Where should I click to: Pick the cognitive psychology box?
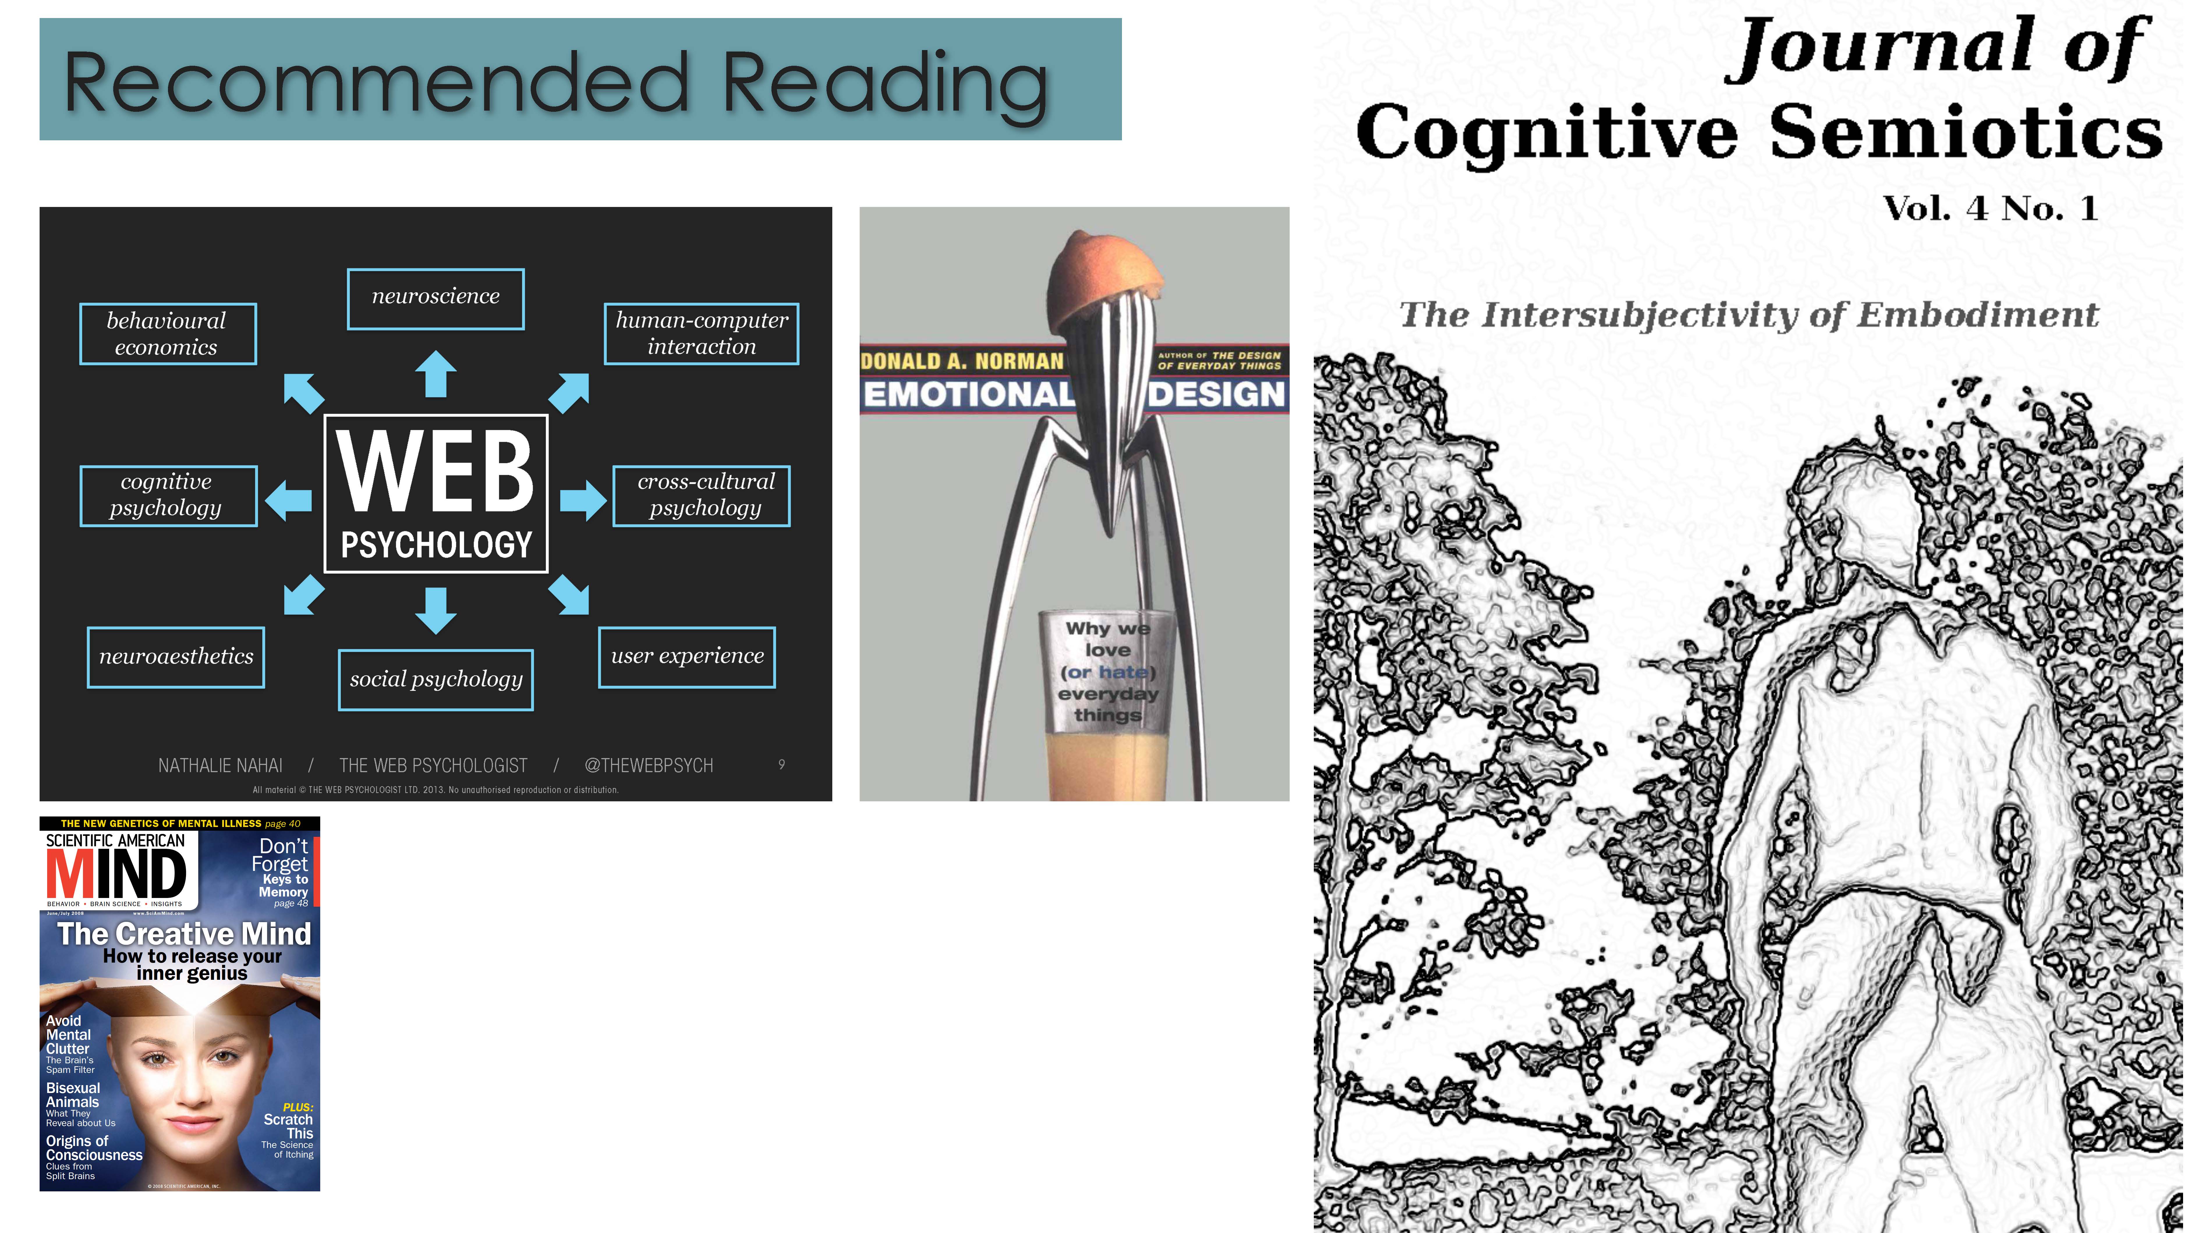pyautogui.click(x=168, y=495)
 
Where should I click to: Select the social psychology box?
pyautogui.click(x=436, y=679)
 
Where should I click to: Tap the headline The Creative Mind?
pyautogui.click(x=184, y=934)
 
